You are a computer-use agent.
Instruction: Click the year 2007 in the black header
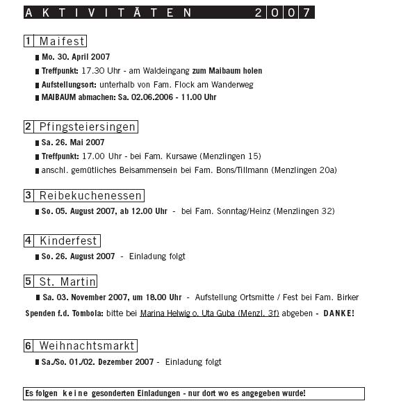(x=281, y=13)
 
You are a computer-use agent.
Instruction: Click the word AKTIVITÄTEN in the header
(x=108, y=13)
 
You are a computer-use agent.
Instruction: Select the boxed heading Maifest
(x=62, y=42)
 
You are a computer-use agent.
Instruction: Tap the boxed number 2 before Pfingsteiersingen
(x=28, y=126)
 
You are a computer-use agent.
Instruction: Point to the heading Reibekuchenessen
(x=90, y=195)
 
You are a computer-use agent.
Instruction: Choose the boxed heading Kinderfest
(x=68, y=241)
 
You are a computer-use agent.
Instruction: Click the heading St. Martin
(x=67, y=281)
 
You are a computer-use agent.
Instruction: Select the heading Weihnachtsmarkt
(x=86, y=345)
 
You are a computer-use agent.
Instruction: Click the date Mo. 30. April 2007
(x=76, y=58)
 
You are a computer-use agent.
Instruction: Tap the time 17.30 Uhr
(x=99, y=71)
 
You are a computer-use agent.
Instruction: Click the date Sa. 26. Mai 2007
(x=73, y=142)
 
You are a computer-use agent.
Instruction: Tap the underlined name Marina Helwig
(x=165, y=313)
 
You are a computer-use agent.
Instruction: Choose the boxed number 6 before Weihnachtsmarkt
(x=28, y=345)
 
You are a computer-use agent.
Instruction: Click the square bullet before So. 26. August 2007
(x=38, y=256)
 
